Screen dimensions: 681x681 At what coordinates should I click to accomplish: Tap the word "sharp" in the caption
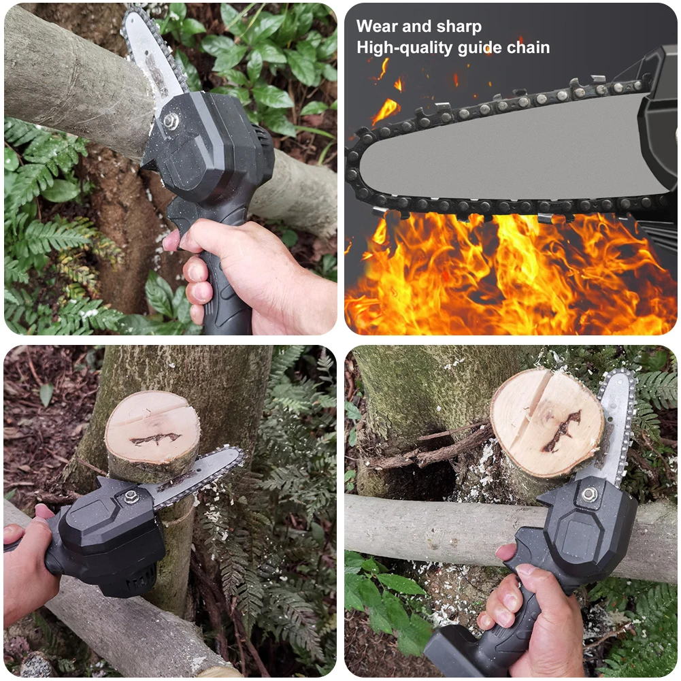click(459, 27)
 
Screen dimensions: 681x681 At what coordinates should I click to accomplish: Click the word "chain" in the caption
click(529, 48)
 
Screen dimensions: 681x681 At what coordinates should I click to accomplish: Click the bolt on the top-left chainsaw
click(171, 120)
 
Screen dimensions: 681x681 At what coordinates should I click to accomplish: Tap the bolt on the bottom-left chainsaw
click(131, 497)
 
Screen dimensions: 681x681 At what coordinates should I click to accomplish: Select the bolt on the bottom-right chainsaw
click(589, 494)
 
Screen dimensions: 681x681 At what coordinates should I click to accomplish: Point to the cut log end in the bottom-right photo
click(547, 422)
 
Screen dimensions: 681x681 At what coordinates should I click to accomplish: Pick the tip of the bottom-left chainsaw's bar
click(241, 454)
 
